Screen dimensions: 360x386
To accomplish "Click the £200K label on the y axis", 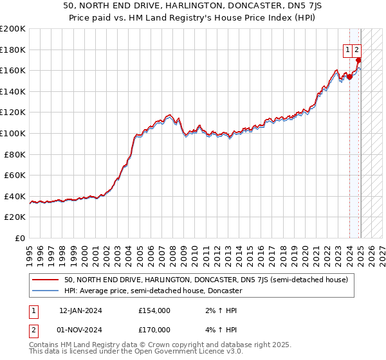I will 12,28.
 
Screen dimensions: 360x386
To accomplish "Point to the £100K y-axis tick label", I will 12,133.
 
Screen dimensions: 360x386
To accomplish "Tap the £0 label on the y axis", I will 19,238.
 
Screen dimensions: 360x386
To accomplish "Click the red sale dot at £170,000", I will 358,60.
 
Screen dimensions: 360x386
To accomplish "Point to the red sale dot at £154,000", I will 349,76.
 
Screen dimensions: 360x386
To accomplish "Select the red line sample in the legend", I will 45,280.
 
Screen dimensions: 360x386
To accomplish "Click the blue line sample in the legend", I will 45,291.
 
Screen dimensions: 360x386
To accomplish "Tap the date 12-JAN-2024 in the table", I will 80,310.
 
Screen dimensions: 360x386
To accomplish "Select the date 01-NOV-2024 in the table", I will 80,329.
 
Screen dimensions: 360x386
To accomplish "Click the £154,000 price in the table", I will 154,310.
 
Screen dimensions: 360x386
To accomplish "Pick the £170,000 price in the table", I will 154,329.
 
